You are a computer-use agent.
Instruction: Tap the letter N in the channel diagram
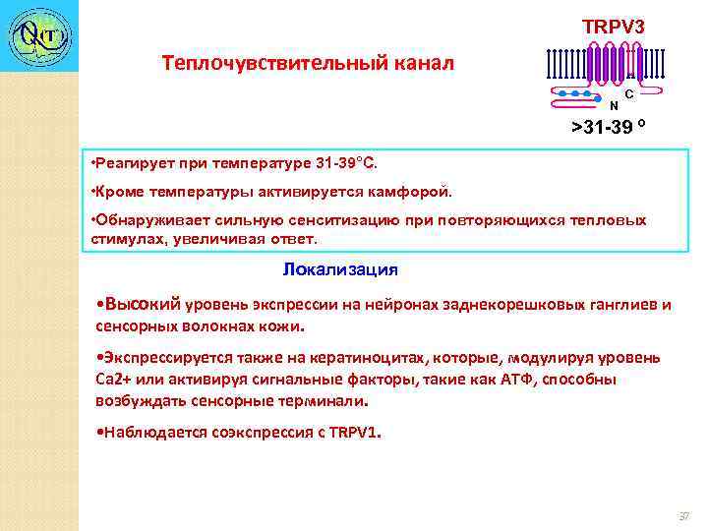click(614, 105)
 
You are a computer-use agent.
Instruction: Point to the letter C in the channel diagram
click(628, 93)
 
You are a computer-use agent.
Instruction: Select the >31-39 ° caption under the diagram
click(610, 128)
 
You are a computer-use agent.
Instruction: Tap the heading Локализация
click(340, 268)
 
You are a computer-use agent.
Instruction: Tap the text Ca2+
click(114, 380)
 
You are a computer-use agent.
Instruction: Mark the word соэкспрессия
click(265, 432)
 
